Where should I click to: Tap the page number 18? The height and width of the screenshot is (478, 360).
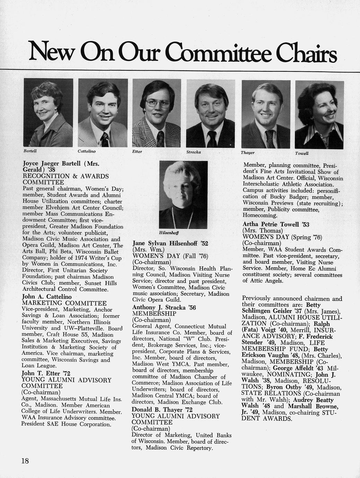(25, 461)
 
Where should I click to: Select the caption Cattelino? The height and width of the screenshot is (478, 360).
(86, 151)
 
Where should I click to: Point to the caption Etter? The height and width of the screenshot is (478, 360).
(137, 151)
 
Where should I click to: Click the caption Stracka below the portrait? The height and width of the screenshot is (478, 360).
(193, 152)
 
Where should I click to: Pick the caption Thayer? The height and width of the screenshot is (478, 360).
(247, 153)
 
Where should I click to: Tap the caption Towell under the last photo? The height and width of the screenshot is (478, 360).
(301, 153)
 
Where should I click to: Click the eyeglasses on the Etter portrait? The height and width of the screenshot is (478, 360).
(158, 103)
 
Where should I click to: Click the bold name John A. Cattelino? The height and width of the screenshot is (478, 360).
(47, 297)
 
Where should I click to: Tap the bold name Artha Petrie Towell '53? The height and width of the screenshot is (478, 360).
(276, 224)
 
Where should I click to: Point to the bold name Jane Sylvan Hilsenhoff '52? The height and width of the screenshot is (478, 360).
(170, 243)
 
